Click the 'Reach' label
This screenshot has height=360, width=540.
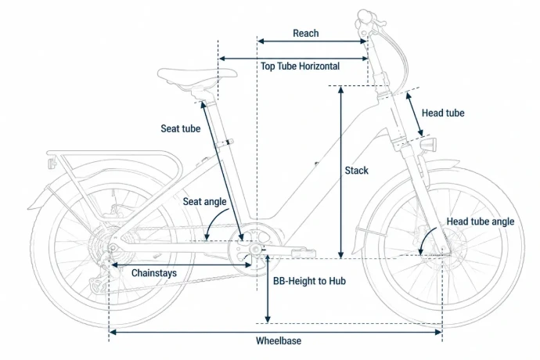coord(306,34)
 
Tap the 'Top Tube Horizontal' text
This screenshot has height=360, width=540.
coord(300,67)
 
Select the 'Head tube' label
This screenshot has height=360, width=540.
coord(443,113)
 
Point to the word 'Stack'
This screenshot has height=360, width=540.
coord(356,171)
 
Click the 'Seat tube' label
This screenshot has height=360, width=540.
coord(181,129)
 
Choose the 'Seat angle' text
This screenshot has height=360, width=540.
coord(204,202)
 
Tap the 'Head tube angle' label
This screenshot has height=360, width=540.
coord(481,221)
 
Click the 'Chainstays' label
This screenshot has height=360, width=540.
coord(154,273)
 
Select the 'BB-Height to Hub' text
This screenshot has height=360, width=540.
coord(309,281)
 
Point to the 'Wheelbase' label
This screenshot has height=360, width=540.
coord(279,341)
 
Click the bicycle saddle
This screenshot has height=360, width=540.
coord(197,77)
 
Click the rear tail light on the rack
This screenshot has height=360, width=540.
coord(52,163)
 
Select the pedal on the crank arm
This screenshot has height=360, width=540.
coord(303,253)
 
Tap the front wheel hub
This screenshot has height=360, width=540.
coord(443,249)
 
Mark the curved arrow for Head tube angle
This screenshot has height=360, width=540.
coord(426,239)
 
